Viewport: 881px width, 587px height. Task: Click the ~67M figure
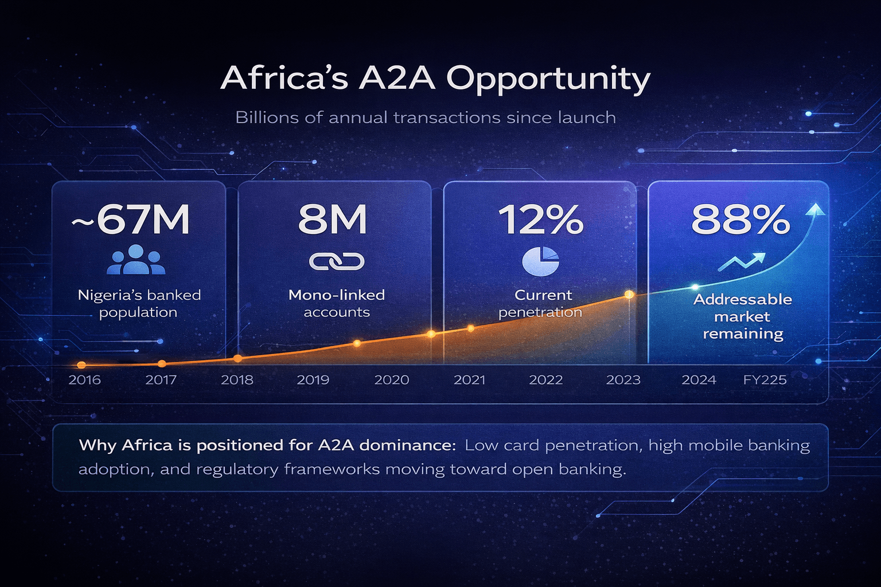pyautogui.click(x=131, y=220)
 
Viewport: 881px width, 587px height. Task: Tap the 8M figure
pyautogui.click(x=333, y=220)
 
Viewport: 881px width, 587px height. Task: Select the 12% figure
pyautogui.click(x=540, y=220)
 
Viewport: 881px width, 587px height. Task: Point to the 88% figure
pyautogui.click(x=740, y=220)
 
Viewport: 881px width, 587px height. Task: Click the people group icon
pyautogui.click(x=136, y=260)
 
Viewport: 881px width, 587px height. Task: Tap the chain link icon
pyautogui.click(x=337, y=261)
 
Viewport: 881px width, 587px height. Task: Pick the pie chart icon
pyautogui.click(x=540, y=261)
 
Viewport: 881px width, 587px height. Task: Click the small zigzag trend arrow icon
pyautogui.click(x=741, y=262)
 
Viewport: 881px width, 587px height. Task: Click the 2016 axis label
pyautogui.click(x=84, y=380)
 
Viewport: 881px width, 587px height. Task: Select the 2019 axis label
pyautogui.click(x=313, y=380)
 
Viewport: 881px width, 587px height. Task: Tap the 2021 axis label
pyautogui.click(x=469, y=380)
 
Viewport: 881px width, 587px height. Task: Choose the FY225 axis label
pyautogui.click(x=765, y=380)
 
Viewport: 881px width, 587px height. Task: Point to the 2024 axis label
pyautogui.click(x=699, y=380)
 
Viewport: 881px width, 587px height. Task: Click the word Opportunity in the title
pyautogui.click(x=548, y=79)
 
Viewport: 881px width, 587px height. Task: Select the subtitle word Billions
pyautogui.click(x=267, y=118)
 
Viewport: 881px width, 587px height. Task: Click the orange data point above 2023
pyautogui.click(x=629, y=294)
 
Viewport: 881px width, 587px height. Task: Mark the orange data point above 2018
pyautogui.click(x=237, y=358)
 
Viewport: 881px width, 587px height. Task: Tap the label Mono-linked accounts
pyautogui.click(x=337, y=303)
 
